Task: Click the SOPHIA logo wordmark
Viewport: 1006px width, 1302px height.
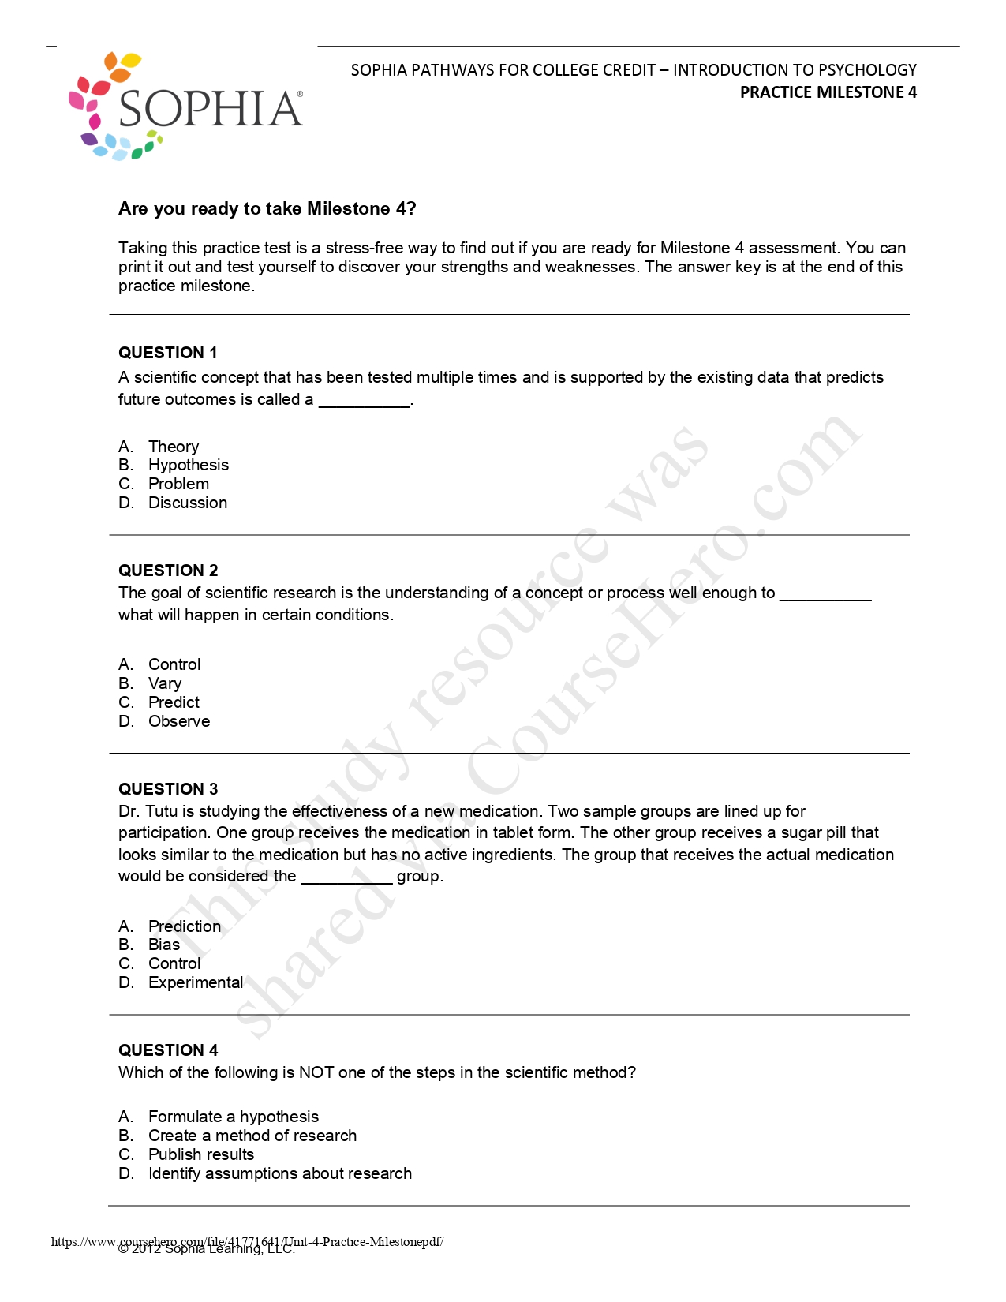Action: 210,109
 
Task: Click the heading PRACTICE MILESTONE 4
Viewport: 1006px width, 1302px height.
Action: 828,92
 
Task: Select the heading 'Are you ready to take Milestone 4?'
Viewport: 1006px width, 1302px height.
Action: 267,208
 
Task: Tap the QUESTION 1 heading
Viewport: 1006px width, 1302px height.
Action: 167,353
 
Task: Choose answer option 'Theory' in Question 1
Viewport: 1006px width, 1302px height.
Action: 174,447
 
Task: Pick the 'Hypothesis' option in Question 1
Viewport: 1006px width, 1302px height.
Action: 188,465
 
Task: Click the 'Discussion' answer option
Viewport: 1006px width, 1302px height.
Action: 187,503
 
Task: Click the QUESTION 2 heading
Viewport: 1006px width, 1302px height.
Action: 168,571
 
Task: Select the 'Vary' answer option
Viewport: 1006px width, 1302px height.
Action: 164,683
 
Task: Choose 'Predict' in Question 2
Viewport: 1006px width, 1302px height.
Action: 174,702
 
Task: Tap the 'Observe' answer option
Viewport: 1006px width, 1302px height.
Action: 179,721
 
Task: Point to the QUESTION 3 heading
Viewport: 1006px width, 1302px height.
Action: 168,789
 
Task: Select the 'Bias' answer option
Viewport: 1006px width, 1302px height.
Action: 164,945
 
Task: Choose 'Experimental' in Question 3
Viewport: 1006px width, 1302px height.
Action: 196,982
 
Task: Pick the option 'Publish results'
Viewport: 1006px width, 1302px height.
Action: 201,1154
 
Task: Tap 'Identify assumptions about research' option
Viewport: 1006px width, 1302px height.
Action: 279,1173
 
